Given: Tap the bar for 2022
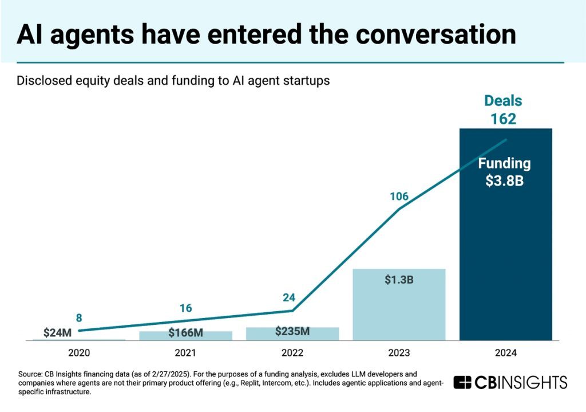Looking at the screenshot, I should pos(292,335).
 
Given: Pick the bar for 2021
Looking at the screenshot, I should pos(186,336).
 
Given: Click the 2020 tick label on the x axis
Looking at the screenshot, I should pos(79,353).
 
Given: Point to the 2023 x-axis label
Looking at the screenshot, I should pos(399,353).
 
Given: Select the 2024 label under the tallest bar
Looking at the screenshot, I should pos(505,353).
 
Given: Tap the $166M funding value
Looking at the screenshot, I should pos(186,333).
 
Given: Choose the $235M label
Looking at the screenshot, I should pos(292,331).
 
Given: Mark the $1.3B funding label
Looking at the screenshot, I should pos(398,281).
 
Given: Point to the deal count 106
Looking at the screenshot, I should pos(399,197).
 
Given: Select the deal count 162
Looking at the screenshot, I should pos(504,119).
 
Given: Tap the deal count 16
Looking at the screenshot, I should pos(185,308).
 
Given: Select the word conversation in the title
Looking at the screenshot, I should pos(435,35).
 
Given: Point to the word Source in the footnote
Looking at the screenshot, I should pos(30,374).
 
